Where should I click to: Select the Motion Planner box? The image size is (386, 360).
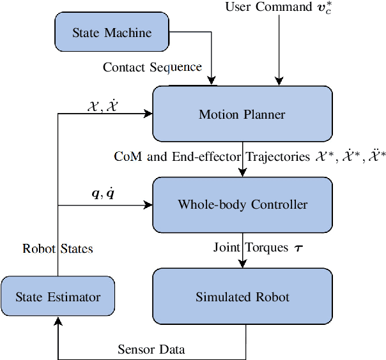(x=242, y=115)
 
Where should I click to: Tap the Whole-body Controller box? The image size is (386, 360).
(x=242, y=205)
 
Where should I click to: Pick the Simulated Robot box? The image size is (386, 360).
(x=242, y=297)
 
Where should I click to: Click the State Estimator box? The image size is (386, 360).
(x=58, y=297)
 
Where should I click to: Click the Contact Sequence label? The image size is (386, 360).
(x=152, y=67)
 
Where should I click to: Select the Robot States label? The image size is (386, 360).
(x=58, y=249)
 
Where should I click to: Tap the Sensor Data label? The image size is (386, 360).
(x=151, y=349)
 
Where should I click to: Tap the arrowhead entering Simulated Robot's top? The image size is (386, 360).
(x=243, y=264)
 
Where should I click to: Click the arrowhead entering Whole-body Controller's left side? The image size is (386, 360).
(x=148, y=205)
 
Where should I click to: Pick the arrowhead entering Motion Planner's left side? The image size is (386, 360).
(x=148, y=114)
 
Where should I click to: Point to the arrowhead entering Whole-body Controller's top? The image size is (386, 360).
(x=243, y=172)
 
